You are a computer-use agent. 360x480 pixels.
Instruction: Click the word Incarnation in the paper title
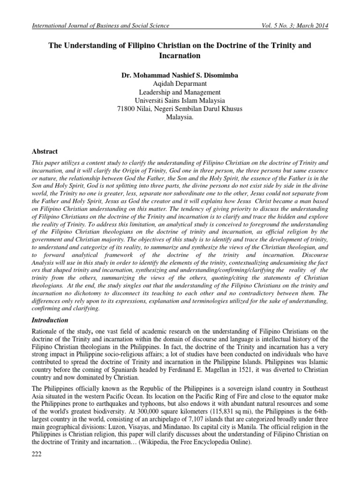(x=180, y=56)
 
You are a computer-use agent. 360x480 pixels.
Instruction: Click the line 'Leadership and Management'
(x=180, y=92)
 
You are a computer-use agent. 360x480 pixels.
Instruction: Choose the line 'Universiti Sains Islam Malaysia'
(x=180, y=100)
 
